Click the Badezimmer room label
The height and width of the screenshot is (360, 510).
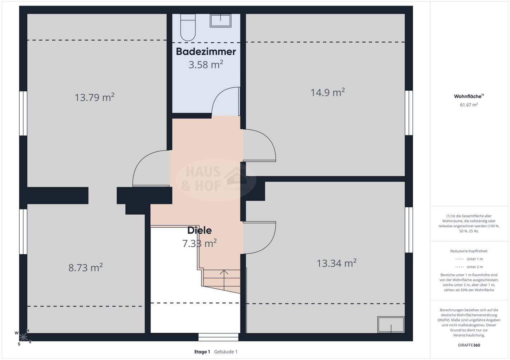(206, 52)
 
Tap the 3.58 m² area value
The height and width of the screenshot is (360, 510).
(206, 64)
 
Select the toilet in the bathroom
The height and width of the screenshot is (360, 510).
(188, 27)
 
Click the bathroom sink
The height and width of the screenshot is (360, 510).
(221, 21)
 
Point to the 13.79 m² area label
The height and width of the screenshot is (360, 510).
(94, 97)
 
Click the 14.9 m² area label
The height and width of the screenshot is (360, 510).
(328, 93)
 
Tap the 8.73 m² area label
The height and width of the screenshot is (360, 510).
(85, 267)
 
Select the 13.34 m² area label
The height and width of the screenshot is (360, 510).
(336, 263)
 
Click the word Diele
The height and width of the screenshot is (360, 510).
(199, 231)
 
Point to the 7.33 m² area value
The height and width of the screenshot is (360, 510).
(199, 243)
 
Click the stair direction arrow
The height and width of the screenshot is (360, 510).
(224, 280)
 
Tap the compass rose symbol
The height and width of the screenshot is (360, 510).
(23, 337)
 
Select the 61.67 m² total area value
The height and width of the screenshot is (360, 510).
(469, 105)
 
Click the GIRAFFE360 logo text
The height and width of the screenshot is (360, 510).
(469, 345)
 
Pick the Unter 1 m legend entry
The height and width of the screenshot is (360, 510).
(469, 259)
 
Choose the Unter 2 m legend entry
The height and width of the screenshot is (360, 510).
(469, 267)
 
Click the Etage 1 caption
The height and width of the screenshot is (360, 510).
(202, 352)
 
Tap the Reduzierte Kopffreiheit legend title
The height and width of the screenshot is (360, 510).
(469, 251)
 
